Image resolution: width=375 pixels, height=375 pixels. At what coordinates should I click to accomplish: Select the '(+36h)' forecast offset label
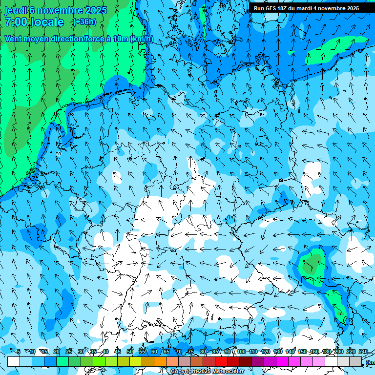(x=84, y=22)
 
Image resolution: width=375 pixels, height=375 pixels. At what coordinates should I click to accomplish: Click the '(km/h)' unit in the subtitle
(x=142, y=39)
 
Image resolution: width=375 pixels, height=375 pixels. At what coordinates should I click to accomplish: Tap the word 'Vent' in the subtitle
(x=14, y=39)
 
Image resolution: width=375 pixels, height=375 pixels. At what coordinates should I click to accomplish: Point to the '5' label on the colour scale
(x=19, y=352)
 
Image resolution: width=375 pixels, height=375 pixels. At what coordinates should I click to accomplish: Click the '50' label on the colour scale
(x=130, y=352)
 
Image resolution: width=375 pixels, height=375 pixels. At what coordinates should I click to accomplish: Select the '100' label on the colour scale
(x=241, y=352)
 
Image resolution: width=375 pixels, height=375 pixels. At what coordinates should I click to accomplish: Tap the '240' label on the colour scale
(x=363, y=352)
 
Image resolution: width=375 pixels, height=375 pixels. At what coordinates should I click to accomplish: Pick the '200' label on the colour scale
(x=338, y=352)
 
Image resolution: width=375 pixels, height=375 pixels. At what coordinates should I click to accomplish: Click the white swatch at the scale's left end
(x=14, y=362)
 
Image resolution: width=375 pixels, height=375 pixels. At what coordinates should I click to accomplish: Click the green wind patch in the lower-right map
(x=312, y=264)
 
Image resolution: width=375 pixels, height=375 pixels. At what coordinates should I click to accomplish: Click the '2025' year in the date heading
(x=96, y=10)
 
